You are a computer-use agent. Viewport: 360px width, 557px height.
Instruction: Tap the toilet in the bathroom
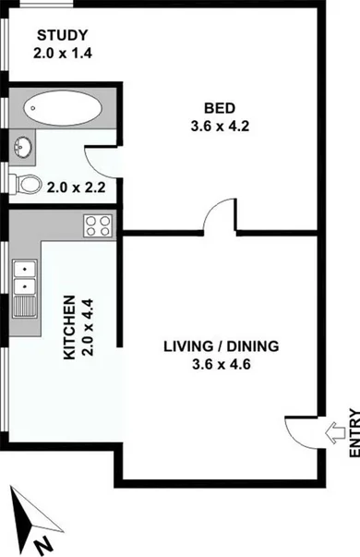coord(28,185)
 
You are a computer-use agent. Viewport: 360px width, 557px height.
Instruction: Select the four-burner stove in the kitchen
coord(98,224)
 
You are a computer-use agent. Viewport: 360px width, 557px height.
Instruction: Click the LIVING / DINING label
coord(220,347)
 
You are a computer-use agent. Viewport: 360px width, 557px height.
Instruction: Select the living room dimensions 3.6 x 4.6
coord(220,363)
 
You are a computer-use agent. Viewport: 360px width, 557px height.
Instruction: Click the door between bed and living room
coord(217,219)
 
